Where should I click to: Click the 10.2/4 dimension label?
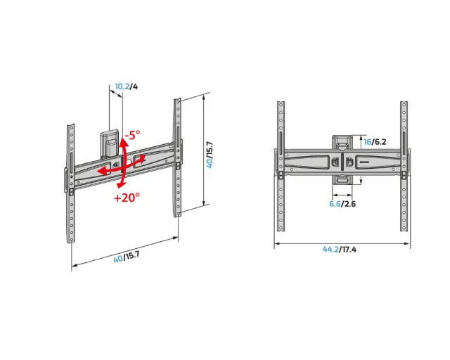point(127,86)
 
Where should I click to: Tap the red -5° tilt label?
point(132,134)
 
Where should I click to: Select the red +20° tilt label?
point(127,198)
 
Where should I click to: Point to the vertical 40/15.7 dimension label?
point(210,155)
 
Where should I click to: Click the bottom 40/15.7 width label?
point(127,257)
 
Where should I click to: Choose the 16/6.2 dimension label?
point(375,142)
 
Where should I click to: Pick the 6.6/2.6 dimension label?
point(342,204)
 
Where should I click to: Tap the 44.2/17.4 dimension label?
point(339,250)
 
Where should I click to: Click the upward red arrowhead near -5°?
point(124,141)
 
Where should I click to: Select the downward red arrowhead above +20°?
point(120,185)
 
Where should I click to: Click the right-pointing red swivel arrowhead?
point(143,158)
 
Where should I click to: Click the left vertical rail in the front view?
point(281,166)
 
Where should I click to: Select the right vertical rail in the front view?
point(404,166)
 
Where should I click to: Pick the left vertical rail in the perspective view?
point(70,184)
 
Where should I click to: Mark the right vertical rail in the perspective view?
point(177,157)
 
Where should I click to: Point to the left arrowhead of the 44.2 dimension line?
point(276,244)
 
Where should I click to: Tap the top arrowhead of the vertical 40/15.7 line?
point(204,97)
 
